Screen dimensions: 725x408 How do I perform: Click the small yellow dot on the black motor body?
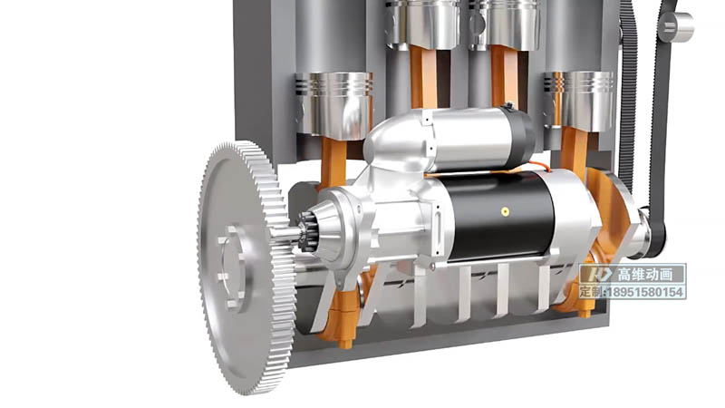[x=505, y=211]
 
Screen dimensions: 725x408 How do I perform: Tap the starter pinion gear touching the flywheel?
[x=305, y=231]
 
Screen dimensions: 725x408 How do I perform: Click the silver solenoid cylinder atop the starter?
[x=467, y=138]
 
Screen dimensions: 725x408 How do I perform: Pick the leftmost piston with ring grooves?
[x=334, y=104]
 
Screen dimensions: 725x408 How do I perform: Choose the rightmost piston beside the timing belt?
[x=580, y=101]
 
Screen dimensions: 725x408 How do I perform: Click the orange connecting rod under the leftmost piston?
[x=333, y=163]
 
